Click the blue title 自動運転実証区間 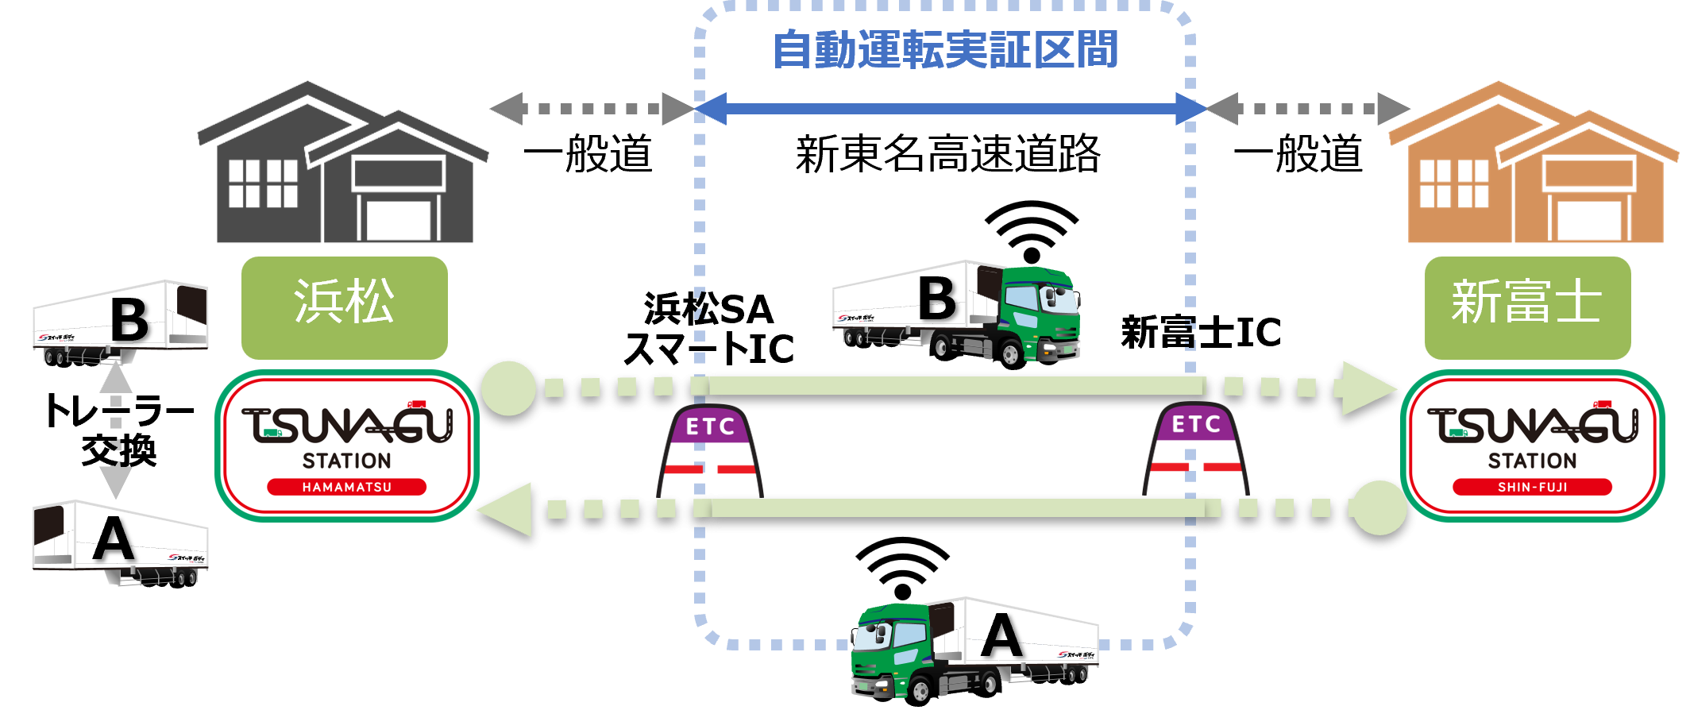pos(945,49)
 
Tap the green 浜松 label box pos(344,307)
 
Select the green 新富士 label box pos(1526,307)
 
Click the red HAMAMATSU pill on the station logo pos(346,487)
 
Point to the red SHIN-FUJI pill pos(1532,487)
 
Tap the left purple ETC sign pos(710,426)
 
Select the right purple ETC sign pos(1196,424)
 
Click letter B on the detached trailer pos(129,319)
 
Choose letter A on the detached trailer pos(114,539)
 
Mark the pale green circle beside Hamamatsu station pos(509,388)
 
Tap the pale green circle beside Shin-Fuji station pos(1379,507)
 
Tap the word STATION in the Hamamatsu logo pos(346,461)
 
